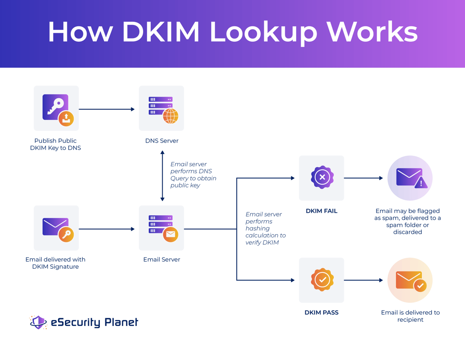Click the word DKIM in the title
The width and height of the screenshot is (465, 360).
coord(161,32)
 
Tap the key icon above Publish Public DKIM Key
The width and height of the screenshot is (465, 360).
coord(56,108)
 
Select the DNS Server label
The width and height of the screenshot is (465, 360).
coord(162,141)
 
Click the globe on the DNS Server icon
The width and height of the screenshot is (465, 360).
coord(171,116)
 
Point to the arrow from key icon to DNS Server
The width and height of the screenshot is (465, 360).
coord(107,109)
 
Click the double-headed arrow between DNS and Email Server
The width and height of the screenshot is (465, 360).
coord(162,176)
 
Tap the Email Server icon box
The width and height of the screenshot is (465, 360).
coord(162,228)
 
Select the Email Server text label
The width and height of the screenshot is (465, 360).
coord(162,260)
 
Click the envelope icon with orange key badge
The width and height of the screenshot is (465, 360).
coord(56,228)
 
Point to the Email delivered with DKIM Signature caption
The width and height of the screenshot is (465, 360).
coord(55,263)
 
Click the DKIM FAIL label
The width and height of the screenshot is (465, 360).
coord(321,211)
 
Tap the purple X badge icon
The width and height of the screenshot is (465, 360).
coord(322,178)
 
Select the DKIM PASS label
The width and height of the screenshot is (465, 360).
coord(321,312)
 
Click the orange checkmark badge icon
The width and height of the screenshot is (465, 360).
coord(322,280)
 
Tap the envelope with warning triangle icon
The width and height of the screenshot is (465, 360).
coord(410,178)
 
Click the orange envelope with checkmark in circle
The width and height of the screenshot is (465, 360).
coord(410,280)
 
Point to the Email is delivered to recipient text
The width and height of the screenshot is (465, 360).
coord(410,316)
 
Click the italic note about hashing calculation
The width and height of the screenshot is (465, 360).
coord(265,228)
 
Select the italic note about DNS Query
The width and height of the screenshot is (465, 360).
coord(193,175)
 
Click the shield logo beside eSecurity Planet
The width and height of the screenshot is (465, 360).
coord(38,322)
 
